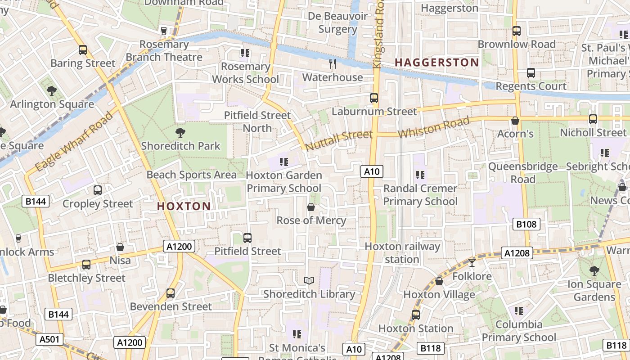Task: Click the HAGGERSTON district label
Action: point(436,63)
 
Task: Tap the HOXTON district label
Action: point(184,207)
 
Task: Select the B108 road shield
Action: point(526,224)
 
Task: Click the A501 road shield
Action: point(49,339)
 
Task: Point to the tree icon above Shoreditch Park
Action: point(180,132)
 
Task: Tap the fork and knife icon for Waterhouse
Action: point(333,64)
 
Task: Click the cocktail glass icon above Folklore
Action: point(472,262)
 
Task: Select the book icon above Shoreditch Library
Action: point(309,281)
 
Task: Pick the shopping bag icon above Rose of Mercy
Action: point(310,207)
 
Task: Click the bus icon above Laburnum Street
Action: point(373,98)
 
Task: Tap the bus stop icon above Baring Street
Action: point(82,50)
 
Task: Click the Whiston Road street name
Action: point(434,127)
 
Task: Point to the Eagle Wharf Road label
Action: point(74,142)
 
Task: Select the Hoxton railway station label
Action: point(402,253)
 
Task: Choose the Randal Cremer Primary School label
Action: point(420,195)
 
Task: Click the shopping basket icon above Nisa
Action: point(120,247)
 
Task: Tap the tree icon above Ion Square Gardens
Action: point(594,271)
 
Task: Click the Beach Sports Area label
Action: point(191,175)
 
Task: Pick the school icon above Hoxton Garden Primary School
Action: point(283,162)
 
